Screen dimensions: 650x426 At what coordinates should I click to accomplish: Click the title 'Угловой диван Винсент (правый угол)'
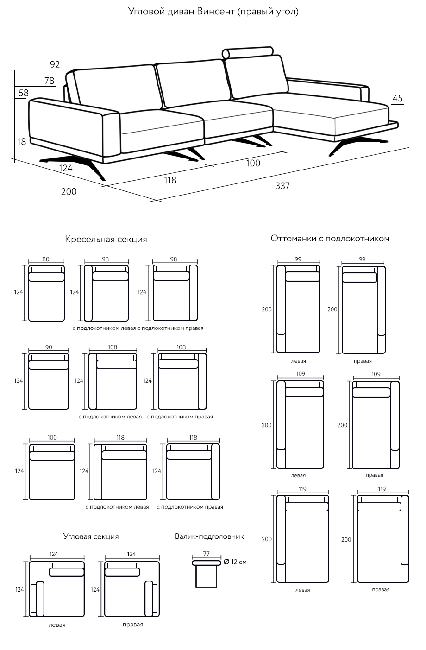(x=213, y=12)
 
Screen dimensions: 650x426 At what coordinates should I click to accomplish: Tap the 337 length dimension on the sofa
(x=282, y=186)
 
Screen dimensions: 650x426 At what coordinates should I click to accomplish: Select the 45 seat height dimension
(x=397, y=98)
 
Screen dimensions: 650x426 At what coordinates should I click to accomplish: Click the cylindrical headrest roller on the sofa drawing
(x=248, y=52)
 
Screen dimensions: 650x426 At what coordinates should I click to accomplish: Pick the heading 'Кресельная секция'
(x=106, y=240)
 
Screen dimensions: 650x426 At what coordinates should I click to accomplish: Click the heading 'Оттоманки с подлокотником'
(x=330, y=239)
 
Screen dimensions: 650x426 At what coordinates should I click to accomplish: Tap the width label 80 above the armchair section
(x=46, y=259)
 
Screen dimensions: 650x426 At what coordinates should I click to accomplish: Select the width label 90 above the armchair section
(x=49, y=347)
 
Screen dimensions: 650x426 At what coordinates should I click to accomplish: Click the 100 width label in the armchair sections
(x=52, y=438)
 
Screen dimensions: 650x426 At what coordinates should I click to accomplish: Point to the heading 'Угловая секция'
(x=91, y=536)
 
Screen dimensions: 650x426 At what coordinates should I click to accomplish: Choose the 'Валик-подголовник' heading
(x=209, y=536)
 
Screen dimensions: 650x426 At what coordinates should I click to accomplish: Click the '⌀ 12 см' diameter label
(x=235, y=562)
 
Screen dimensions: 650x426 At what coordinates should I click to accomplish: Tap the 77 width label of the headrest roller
(x=207, y=554)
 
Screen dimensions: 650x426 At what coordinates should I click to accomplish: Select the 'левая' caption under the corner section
(x=57, y=625)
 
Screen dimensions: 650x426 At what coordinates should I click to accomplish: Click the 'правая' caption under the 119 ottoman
(x=381, y=589)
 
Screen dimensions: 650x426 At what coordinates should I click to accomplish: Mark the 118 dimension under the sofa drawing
(x=170, y=180)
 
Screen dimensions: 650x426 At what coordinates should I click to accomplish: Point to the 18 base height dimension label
(x=22, y=141)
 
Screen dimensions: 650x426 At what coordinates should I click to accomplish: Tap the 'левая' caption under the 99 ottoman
(x=299, y=361)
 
